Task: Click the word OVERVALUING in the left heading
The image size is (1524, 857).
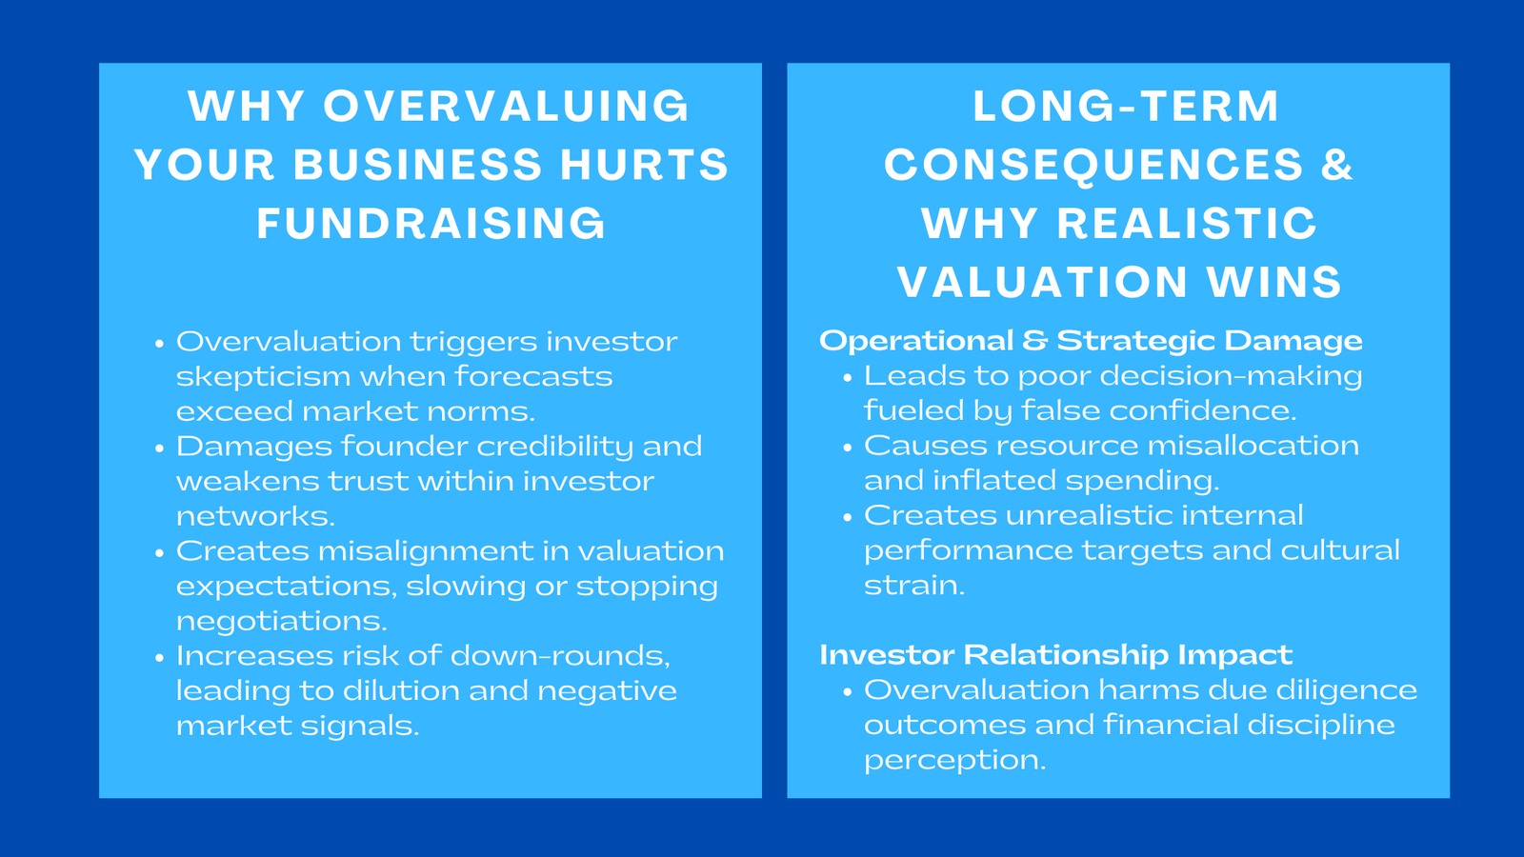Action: [506, 106]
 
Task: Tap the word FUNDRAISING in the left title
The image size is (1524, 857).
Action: [431, 224]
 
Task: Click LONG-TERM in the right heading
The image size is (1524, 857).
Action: [1126, 106]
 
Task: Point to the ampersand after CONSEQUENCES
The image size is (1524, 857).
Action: [1336, 165]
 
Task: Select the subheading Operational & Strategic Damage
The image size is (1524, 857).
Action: [1091, 341]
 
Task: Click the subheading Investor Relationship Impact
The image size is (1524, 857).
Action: [1055, 655]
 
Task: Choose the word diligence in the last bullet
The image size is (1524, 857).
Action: [1346, 690]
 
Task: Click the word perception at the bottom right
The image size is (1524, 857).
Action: [953, 761]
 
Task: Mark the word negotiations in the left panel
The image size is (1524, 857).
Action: [281, 622]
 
